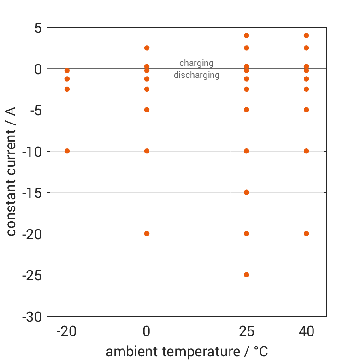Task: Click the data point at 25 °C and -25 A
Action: point(247,275)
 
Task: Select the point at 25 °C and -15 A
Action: point(247,192)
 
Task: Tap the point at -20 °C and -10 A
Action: point(67,151)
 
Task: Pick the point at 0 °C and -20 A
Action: point(147,234)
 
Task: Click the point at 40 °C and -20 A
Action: point(307,234)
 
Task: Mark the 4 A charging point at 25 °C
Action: point(247,35)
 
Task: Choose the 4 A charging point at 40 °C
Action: point(307,35)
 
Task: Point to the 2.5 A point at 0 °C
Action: point(147,48)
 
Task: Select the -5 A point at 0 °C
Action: point(147,110)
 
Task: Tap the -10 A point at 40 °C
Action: point(307,151)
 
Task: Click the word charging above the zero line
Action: point(196,63)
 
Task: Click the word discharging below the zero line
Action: point(196,75)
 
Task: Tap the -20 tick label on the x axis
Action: point(67,331)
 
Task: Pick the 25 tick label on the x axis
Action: point(247,331)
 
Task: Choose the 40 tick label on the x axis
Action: point(307,331)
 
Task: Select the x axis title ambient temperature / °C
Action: point(187,352)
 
